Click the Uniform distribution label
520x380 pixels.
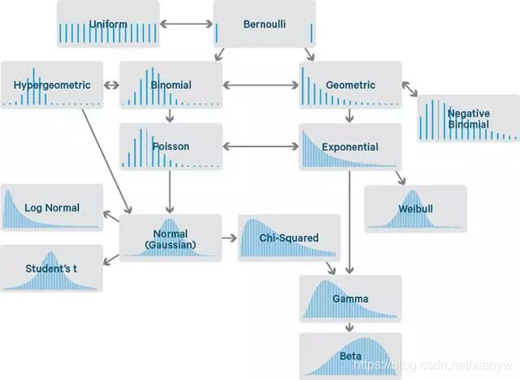[x=109, y=24]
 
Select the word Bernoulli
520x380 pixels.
[x=264, y=24]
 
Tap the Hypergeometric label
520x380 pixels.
[x=51, y=85]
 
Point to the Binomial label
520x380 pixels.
[x=171, y=85]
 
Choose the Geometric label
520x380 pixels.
[x=350, y=85]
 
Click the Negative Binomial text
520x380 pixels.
[x=468, y=119]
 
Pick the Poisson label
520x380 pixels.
[x=171, y=147]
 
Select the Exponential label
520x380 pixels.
[x=350, y=147]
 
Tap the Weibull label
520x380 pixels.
[x=416, y=209]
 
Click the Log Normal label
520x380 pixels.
[x=52, y=207]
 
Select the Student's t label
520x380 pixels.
[x=51, y=269]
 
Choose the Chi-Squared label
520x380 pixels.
[x=288, y=238]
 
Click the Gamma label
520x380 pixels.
[x=350, y=299]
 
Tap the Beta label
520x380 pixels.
[x=350, y=356]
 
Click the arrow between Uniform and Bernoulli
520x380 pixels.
[x=186, y=24]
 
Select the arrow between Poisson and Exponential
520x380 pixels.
[x=260, y=147]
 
